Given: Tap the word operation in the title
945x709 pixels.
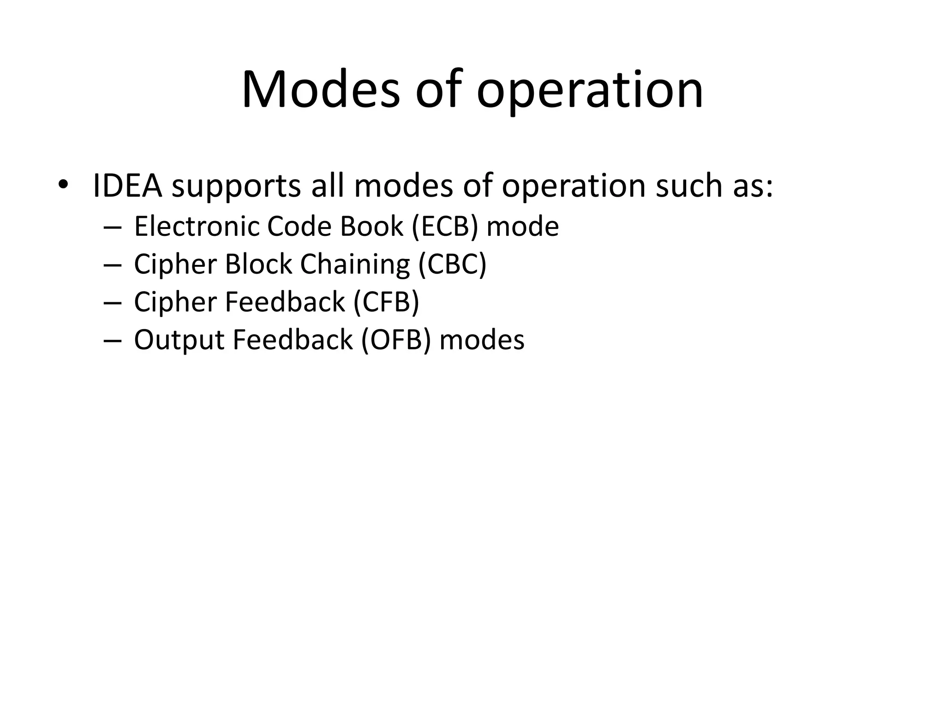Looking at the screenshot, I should pos(590,90).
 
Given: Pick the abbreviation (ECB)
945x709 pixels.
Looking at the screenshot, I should pos(444,227).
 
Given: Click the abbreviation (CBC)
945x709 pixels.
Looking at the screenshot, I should pos(452,264).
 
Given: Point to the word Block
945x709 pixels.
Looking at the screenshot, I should pos(258,264).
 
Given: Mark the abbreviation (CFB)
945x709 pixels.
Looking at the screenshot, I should pos(386,302).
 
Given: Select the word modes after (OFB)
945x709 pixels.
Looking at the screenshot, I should pos(482,340).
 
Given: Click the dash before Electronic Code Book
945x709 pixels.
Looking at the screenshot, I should pos(113,228).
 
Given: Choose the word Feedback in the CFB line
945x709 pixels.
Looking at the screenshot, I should pos(285,302).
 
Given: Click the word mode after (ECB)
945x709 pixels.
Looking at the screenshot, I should pos(522,227).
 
